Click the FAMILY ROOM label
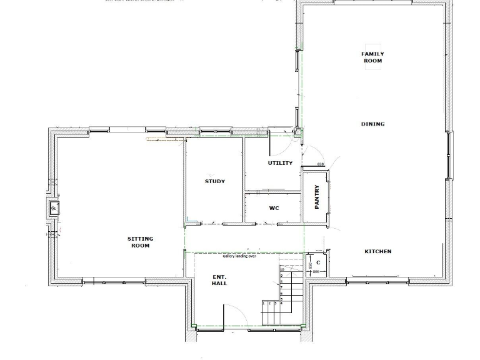pos(372,57)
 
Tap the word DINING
pos(372,124)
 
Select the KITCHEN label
pos(378,251)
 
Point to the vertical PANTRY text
pos(317,196)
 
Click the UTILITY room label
pos(280,163)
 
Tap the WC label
pos(274,208)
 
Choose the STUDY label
pos(215,182)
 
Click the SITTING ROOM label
pos(140,242)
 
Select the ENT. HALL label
pos(219,279)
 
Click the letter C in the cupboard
pos(318,262)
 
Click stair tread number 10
pos(282,269)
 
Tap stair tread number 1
pos(264,303)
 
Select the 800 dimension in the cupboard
pos(316,272)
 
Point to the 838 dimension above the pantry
pos(321,164)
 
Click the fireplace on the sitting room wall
pos(54,207)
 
